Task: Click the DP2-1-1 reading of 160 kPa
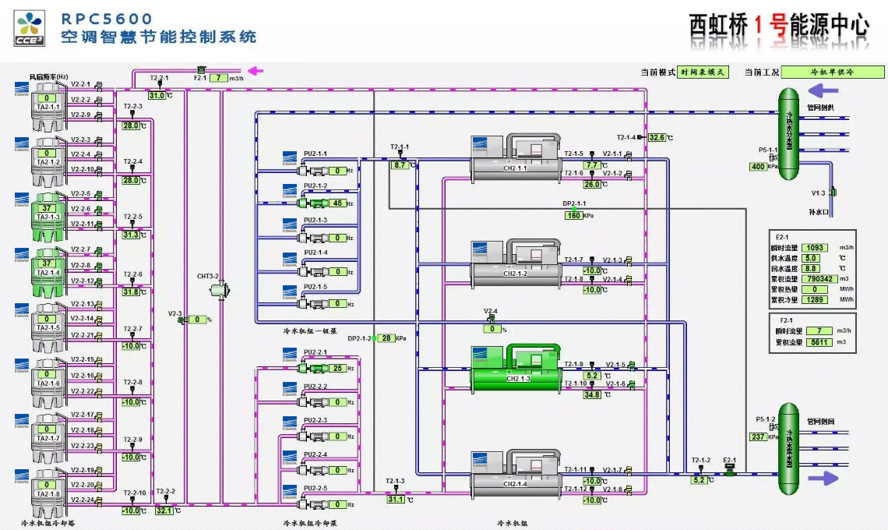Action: pyautogui.click(x=574, y=215)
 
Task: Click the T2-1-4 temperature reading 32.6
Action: pyautogui.click(x=657, y=138)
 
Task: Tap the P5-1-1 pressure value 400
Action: pyautogui.click(x=757, y=167)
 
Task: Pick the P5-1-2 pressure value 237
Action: pyautogui.click(x=757, y=436)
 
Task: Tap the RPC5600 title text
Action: pyautogui.click(x=107, y=18)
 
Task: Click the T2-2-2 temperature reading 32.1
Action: pyautogui.click(x=164, y=511)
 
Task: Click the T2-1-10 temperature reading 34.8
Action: pyautogui.click(x=592, y=395)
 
